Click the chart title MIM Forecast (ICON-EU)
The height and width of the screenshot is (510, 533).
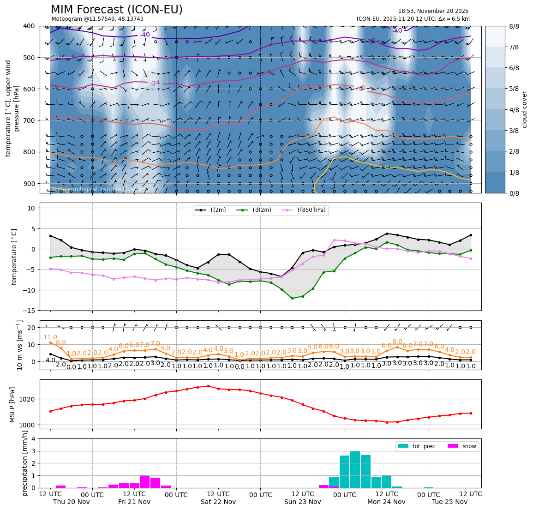click(x=116, y=10)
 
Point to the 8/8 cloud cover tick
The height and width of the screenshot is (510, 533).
click(x=513, y=26)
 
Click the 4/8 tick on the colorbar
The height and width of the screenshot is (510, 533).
click(x=513, y=110)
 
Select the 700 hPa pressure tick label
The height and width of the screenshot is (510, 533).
click(x=29, y=120)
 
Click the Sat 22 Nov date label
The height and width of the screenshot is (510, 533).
click(x=218, y=502)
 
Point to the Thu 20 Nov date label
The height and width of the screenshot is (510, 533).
click(x=72, y=502)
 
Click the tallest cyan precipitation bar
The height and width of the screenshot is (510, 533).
click(x=355, y=469)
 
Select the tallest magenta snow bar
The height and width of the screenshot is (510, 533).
click(x=145, y=481)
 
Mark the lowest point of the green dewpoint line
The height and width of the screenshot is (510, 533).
click(x=292, y=298)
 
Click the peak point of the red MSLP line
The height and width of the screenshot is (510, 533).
click(x=208, y=386)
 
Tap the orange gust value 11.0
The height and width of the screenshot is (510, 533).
click(x=50, y=337)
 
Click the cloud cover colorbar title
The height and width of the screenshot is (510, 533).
click(x=524, y=109)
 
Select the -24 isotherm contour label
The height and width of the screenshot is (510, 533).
click(x=155, y=84)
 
